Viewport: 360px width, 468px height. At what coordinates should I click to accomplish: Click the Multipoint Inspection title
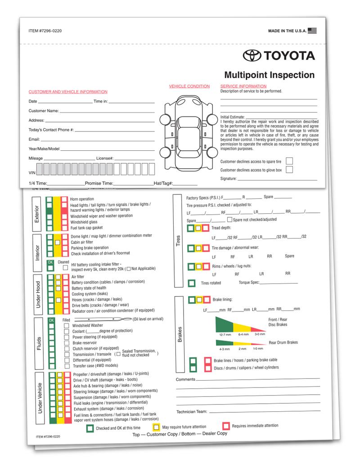270,75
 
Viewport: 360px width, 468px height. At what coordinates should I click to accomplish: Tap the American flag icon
313,31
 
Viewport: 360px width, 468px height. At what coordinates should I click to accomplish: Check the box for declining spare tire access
289,161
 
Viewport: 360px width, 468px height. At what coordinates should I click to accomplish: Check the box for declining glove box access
289,170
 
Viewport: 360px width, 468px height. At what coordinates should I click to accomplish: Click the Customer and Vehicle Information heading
68,92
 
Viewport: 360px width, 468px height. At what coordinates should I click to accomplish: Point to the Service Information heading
243,86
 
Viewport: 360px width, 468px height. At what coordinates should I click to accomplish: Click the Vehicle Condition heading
189,86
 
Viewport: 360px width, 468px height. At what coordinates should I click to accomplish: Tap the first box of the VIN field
40,169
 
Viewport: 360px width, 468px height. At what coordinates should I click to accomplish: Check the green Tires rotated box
192,283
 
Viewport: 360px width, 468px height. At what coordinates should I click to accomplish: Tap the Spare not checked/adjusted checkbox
229,220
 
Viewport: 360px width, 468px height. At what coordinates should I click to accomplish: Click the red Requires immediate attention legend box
226,426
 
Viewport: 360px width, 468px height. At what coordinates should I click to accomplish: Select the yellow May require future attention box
156,426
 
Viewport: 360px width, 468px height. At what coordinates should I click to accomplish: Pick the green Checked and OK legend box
90,428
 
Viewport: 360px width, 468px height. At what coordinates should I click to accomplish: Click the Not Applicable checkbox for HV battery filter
129,269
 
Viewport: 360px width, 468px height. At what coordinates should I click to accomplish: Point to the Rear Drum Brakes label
283,342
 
